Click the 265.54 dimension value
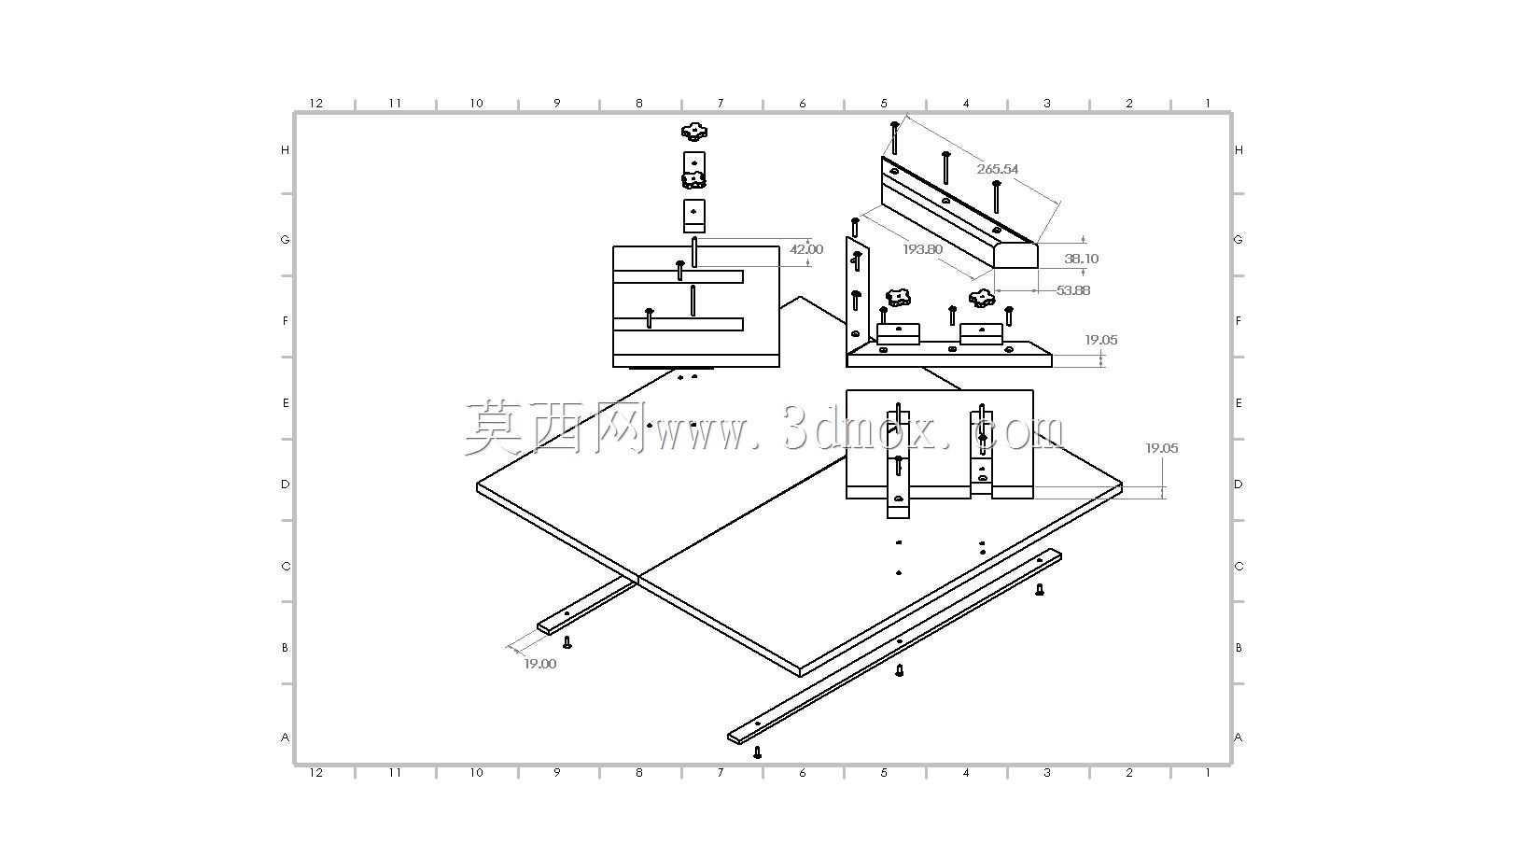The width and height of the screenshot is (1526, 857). tap(998, 169)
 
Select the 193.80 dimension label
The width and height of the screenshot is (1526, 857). tap(922, 249)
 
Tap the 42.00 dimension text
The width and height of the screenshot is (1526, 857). tap(805, 249)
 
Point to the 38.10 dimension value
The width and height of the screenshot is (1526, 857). tap(1081, 259)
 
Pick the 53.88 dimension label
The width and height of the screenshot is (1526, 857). tap(1073, 290)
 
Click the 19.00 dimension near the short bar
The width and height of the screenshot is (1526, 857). tap(539, 664)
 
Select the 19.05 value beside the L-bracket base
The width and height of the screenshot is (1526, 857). tap(1101, 340)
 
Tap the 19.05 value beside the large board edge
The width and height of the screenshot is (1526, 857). tap(1161, 448)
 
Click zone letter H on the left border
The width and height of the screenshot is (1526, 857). tap(285, 150)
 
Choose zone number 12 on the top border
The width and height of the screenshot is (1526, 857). tap(316, 103)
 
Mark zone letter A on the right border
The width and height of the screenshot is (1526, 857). tap(1238, 738)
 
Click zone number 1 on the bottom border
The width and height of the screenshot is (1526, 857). tap(1208, 773)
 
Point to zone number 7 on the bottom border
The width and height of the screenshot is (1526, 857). tap(721, 773)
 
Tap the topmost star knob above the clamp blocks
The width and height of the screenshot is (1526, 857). tap(693, 130)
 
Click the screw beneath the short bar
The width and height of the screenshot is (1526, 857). tap(567, 642)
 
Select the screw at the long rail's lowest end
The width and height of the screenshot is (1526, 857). tap(757, 752)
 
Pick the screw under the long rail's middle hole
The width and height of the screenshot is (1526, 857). tap(899, 670)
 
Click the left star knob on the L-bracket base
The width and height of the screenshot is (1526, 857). tap(899, 297)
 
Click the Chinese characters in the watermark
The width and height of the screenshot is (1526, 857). tap(555, 428)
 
